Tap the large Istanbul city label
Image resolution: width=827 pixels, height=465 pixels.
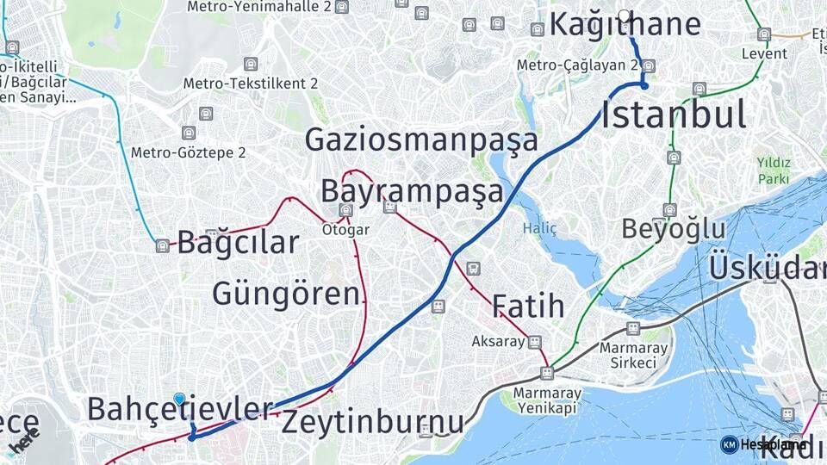tap(673, 115)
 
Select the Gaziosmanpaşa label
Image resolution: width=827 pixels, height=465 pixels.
tap(421, 139)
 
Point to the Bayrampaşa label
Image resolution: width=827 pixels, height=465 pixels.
tap(411, 190)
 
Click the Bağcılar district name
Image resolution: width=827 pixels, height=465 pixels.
tap(238, 242)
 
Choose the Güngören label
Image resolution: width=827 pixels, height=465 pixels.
tap(286, 294)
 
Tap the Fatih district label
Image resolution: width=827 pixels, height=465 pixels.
tap(528, 306)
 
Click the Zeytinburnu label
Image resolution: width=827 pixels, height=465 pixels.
tap(372, 422)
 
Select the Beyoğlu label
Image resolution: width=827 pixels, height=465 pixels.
tap(674, 229)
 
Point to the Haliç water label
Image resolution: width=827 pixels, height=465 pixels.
tap(539, 228)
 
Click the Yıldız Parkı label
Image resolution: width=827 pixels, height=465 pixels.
tap(773, 170)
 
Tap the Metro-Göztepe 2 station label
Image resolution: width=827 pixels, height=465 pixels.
tap(188, 152)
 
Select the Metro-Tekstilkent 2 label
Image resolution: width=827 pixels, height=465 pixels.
tap(250, 84)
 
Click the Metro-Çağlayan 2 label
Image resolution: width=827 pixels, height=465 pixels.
tap(577, 65)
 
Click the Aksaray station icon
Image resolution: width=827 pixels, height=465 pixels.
tap(535, 342)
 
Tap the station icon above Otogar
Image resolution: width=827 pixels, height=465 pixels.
tap(345, 210)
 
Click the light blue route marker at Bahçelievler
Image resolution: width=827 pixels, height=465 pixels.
tap(179, 399)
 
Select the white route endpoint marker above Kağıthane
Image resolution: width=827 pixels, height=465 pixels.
tap(625, 15)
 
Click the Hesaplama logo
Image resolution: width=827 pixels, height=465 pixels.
tap(763, 444)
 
